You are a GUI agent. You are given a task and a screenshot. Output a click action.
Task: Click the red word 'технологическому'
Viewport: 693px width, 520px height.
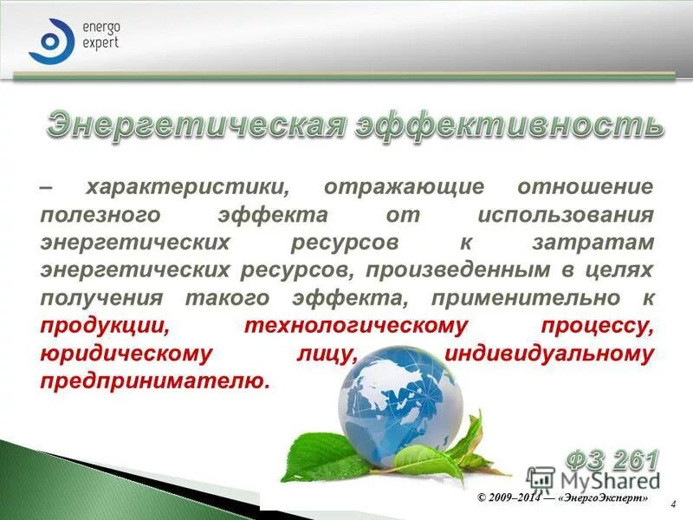coord(356,326)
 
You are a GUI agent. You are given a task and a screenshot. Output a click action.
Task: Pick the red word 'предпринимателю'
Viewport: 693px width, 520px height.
coord(154,381)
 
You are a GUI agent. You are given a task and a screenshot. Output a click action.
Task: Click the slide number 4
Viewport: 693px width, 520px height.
coord(674,504)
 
